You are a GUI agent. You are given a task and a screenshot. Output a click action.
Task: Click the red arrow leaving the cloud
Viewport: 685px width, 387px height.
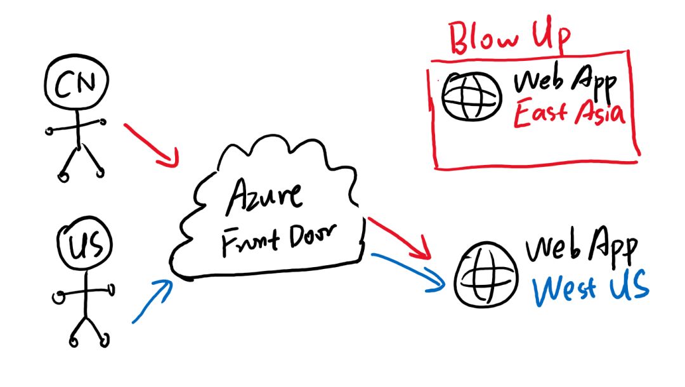coord(399,238)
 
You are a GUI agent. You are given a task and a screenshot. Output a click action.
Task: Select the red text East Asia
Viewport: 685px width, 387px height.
coord(569,113)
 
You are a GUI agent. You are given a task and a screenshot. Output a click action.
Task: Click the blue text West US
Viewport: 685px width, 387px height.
coord(590,287)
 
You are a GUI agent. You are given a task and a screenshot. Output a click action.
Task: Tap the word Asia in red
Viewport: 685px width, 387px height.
coord(600,112)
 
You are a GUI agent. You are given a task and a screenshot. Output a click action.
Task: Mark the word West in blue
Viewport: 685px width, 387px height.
coord(564,289)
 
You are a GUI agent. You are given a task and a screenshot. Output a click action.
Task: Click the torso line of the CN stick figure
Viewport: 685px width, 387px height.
coord(79,128)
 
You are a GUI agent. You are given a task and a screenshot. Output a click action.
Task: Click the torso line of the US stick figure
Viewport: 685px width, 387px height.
coord(86,292)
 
